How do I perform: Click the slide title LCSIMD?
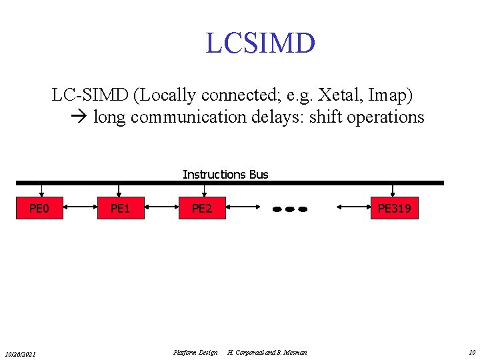(260, 43)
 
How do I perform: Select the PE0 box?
(39, 209)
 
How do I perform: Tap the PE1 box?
(120, 209)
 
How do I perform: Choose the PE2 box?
(202, 209)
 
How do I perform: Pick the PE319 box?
(394, 209)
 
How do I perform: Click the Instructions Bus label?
(225, 175)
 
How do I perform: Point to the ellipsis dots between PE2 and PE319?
(290, 209)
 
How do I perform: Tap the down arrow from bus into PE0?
(41, 191)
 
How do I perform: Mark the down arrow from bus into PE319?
(393, 191)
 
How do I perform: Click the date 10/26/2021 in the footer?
(21, 353)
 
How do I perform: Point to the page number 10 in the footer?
(472, 352)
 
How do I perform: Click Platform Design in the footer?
(195, 352)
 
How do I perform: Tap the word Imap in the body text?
(391, 96)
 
